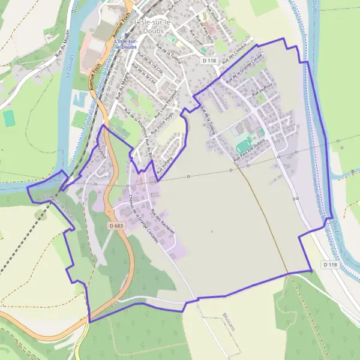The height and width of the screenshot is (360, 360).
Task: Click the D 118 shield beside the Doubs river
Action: (x=329, y=264)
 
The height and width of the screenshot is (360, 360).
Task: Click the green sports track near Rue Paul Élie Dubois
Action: (x=244, y=145)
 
